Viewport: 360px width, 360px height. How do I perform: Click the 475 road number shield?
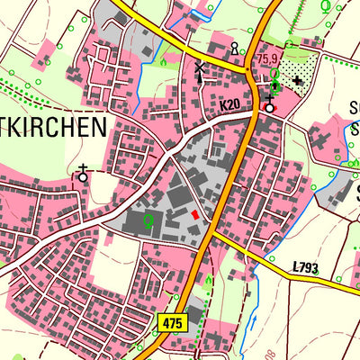[x=174, y=321]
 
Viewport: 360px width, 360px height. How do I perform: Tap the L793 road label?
[x=307, y=267]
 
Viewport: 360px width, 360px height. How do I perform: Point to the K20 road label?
[x=229, y=106]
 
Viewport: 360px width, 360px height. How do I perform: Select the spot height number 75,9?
[x=267, y=59]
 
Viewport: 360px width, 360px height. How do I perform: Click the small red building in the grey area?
[x=194, y=214]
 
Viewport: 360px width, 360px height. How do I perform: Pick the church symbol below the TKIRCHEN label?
[x=84, y=174]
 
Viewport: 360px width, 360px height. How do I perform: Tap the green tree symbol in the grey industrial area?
[x=148, y=219]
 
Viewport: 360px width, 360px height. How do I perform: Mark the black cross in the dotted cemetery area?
[x=298, y=81]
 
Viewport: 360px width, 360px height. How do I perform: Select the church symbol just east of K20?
[x=268, y=104]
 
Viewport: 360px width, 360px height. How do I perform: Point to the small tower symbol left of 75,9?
[x=235, y=48]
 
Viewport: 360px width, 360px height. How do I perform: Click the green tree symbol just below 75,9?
[x=274, y=75]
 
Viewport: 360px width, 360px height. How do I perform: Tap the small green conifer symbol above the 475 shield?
[x=209, y=281]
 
